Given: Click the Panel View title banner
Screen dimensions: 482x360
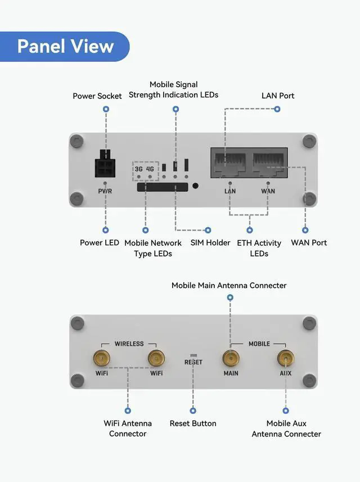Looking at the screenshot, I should (x=65, y=46).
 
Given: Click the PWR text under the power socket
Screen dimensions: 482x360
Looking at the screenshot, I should (x=105, y=191).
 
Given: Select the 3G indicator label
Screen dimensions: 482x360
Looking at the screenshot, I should (x=139, y=169).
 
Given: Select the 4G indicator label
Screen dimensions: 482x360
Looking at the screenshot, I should (x=150, y=169).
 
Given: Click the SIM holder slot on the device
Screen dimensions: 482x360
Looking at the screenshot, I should (x=163, y=187).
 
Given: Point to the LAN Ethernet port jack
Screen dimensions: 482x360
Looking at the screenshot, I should (x=230, y=163).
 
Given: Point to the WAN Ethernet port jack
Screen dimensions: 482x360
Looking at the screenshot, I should (x=268, y=163).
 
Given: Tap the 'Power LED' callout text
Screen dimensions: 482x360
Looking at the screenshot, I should (x=100, y=243).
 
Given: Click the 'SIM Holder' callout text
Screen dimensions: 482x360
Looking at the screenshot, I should (x=210, y=243).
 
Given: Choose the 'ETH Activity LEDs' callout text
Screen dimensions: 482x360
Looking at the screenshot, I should (x=259, y=248).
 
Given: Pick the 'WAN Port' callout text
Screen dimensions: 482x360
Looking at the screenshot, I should (x=309, y=243).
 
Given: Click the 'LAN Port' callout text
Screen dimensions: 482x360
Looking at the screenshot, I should (x=278, y=96).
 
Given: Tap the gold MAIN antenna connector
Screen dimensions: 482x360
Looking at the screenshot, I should (x=230, y=358).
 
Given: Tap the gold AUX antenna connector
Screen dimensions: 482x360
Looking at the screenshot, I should (x=286, y=358).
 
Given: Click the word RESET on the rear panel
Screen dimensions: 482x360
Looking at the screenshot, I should (x=193, y=362).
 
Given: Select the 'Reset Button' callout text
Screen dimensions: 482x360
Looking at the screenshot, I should (x=193, y=424).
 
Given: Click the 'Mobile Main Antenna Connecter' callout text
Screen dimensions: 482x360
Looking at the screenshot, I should (x=229, y=286).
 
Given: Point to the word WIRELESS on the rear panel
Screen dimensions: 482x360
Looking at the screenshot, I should (x=129, y=344).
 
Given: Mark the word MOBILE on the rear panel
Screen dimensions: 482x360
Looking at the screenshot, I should (x=259, y=344).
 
